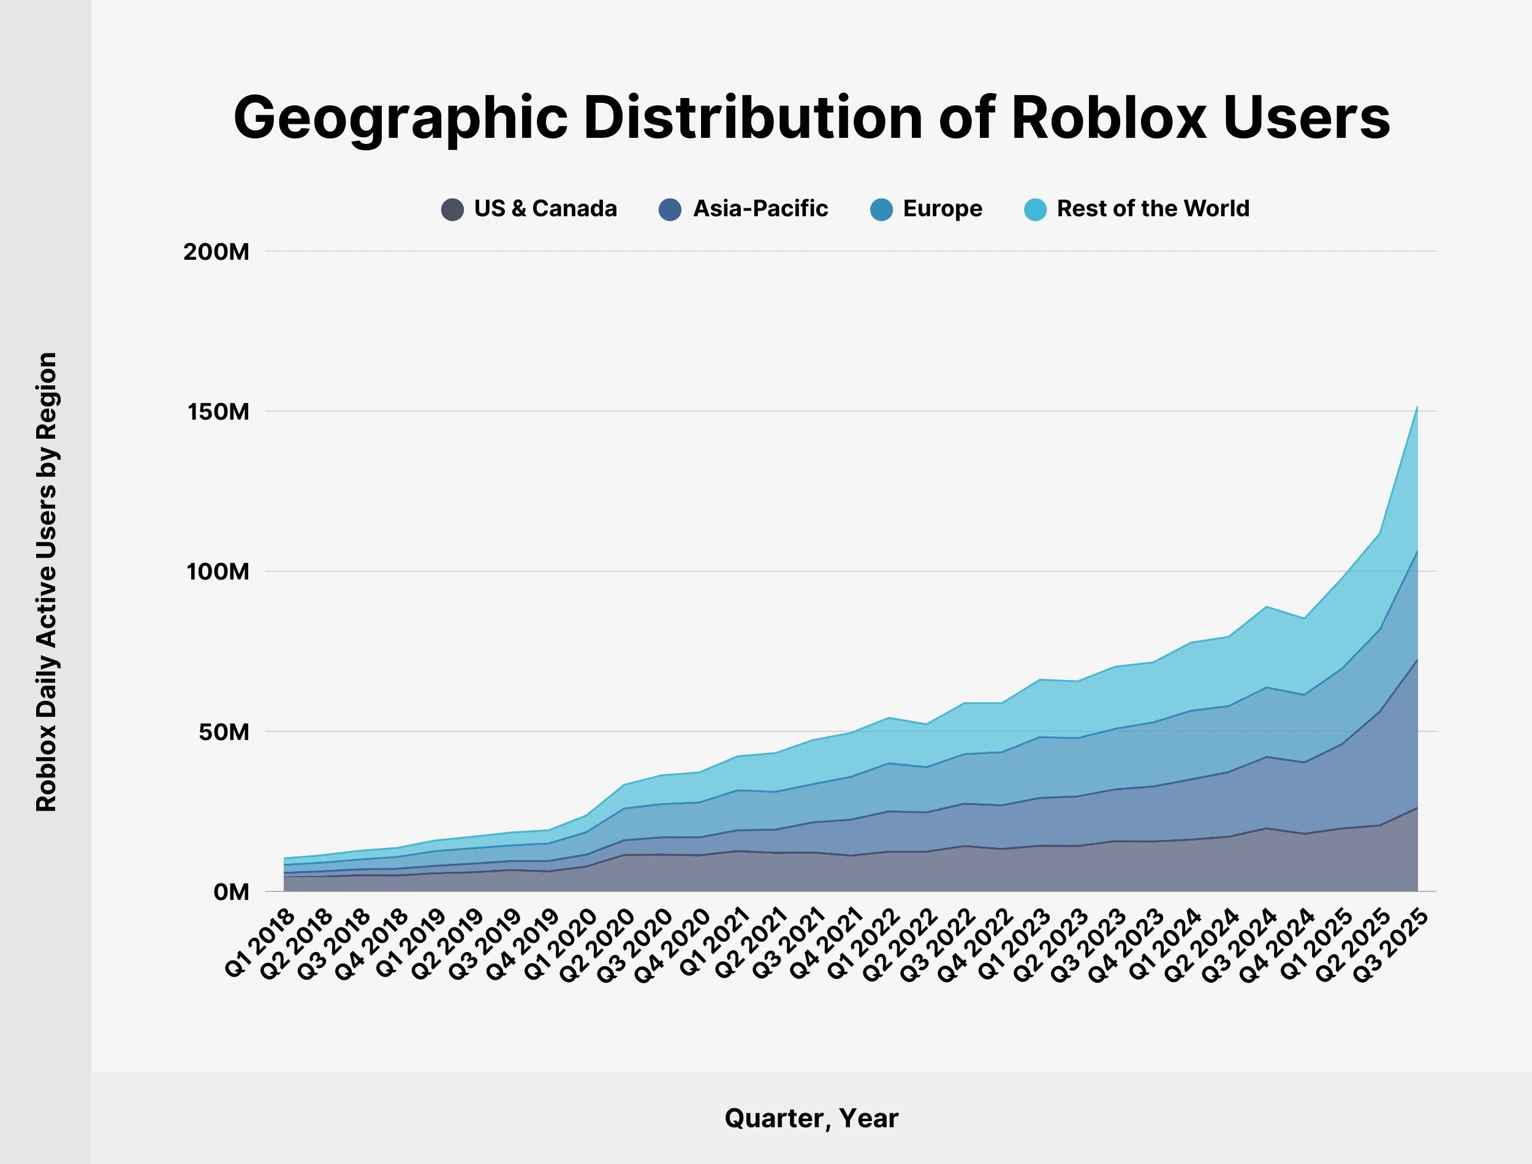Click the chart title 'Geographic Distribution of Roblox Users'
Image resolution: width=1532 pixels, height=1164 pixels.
click(x=811, y=118)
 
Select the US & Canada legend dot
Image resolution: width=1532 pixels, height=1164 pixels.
click(x=452, y=210)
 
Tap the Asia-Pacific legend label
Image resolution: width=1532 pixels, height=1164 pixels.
click(x=760, y=208)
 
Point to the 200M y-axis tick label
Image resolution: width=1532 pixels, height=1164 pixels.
click(x=216, y=252)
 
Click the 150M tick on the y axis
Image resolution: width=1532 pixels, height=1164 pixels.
click(x=218, y=412)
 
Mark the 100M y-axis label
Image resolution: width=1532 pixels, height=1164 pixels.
click(x=218, y=572)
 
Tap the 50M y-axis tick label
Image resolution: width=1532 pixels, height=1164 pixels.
click(x=224, y=731)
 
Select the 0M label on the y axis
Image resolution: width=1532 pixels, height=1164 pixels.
click(x=231, y=893)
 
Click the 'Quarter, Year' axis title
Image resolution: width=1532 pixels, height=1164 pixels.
click(x=811, y=1118)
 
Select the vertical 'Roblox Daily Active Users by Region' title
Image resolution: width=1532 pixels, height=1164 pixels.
click(x=47, y=582)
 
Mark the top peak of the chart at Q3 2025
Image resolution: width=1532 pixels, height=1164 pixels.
click(x=1417, y=407)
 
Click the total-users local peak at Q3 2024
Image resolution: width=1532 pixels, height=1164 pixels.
click(x=1267, y=607)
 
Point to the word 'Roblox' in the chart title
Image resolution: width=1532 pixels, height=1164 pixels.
click(x=1109, y=118)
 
